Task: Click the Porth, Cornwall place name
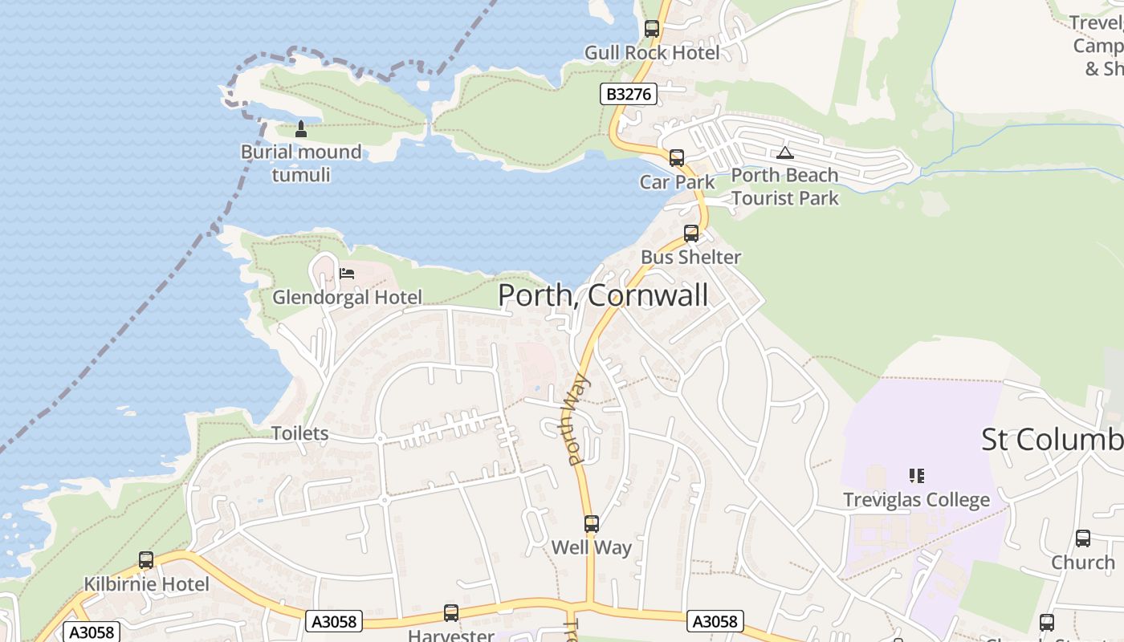(603, 295)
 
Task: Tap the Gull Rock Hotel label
(652, 53)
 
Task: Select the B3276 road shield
(629, 94)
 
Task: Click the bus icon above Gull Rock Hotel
(652, 29)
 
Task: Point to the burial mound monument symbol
(301, 128)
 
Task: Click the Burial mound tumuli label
(301, 163)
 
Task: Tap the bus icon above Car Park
(677, 158)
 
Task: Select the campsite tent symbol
(784, 152)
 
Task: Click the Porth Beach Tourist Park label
(784, 186)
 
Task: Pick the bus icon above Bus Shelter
(691, 234)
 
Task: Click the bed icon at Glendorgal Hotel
(347, 274)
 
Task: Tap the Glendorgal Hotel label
(347, 298)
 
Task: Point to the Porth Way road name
(577, 420)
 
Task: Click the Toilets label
(299, 433)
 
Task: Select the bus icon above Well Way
(592, 524)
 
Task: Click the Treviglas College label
(916, 500)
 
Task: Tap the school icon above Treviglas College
(916, 476)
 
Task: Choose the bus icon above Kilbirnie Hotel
(146, 560)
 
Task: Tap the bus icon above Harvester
(451, 613)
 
